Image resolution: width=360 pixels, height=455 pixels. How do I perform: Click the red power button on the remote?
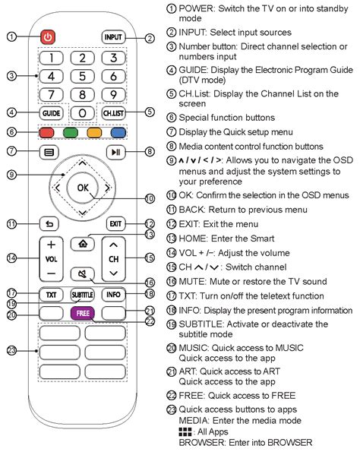pos(48,37)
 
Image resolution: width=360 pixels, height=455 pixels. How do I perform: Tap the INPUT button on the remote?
pos(113,37)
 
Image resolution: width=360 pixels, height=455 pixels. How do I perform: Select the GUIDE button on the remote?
pos(52,113)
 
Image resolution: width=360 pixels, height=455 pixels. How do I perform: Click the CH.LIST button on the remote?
pos(113,113)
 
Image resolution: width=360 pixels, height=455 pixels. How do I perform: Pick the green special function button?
pos(71,133)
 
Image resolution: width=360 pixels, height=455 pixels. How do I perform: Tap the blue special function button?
pos(118,133)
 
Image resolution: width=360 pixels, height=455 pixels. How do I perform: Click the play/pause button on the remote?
pos(115,152)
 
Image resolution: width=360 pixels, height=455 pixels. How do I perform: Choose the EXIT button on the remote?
pos(115,224)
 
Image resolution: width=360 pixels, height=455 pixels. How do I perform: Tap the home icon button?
pos(83,244)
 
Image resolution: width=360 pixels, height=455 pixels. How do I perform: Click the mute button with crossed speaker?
pos(83,273)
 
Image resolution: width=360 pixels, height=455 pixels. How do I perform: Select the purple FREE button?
pos(83,314)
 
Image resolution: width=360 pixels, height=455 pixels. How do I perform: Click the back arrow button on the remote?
pos(49,224)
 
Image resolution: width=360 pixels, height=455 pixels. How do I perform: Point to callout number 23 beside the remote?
pos(11,350)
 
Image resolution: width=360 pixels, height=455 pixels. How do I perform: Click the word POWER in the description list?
pos(196,8)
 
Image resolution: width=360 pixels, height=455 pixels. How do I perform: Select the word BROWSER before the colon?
pos(201,443)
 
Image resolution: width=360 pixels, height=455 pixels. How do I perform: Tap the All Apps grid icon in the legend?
pos(185,431)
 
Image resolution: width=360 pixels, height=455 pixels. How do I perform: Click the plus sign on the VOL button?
pos(52,245)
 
